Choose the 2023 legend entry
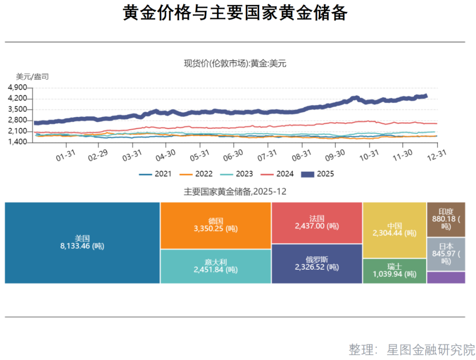[236, 174]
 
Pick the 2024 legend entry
[277, 174]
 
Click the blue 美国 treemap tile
[82, 243]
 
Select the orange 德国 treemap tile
[216, 225]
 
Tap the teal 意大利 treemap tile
[216, 266]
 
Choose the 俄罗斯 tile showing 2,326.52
[316, 264]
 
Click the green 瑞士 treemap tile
[394, 271]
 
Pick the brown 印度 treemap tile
[446, 219]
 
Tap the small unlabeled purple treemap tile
[446, 278]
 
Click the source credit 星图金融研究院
[431, 349]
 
